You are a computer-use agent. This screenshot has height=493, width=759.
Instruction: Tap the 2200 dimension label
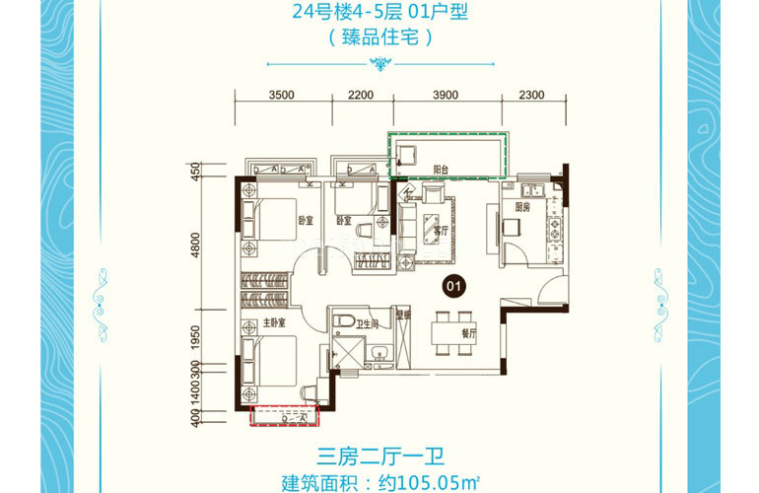point(362,96)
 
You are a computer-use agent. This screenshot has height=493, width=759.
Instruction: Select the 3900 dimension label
point(447,96)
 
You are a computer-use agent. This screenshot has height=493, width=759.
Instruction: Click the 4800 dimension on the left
point(196,244)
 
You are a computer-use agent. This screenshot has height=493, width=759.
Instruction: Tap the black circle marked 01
point(454,287)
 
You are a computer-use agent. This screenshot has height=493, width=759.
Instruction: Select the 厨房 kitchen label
point(523,207)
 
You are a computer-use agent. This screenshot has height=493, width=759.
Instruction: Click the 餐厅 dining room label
point(468,334)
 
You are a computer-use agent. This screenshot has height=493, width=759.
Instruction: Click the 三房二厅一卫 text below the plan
point(379,457)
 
